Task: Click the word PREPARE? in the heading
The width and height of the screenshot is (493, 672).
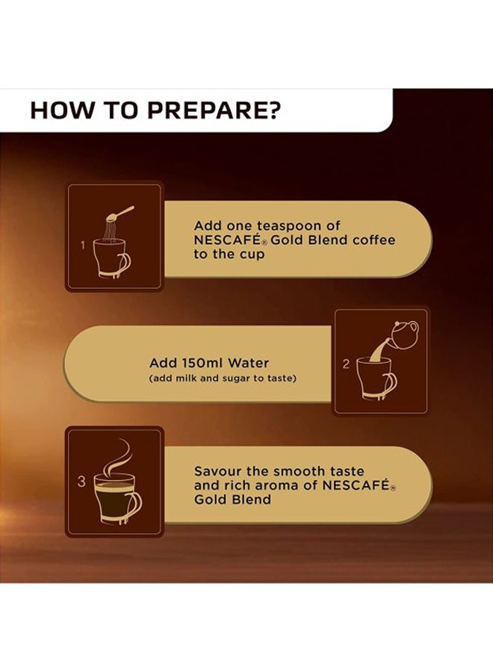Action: pos(214,110)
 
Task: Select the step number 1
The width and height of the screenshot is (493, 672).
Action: pos(83,246)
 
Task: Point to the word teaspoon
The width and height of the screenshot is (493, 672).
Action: pos(289,225)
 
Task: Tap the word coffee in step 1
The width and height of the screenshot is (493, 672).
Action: pos(373,240)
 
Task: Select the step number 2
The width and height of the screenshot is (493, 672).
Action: pos(346,364)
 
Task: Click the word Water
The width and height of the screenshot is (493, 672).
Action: pos(248,363)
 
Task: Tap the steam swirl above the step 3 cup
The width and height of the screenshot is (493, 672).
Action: pos(118,456)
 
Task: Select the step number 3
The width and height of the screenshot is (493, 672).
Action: pos(81,482)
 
